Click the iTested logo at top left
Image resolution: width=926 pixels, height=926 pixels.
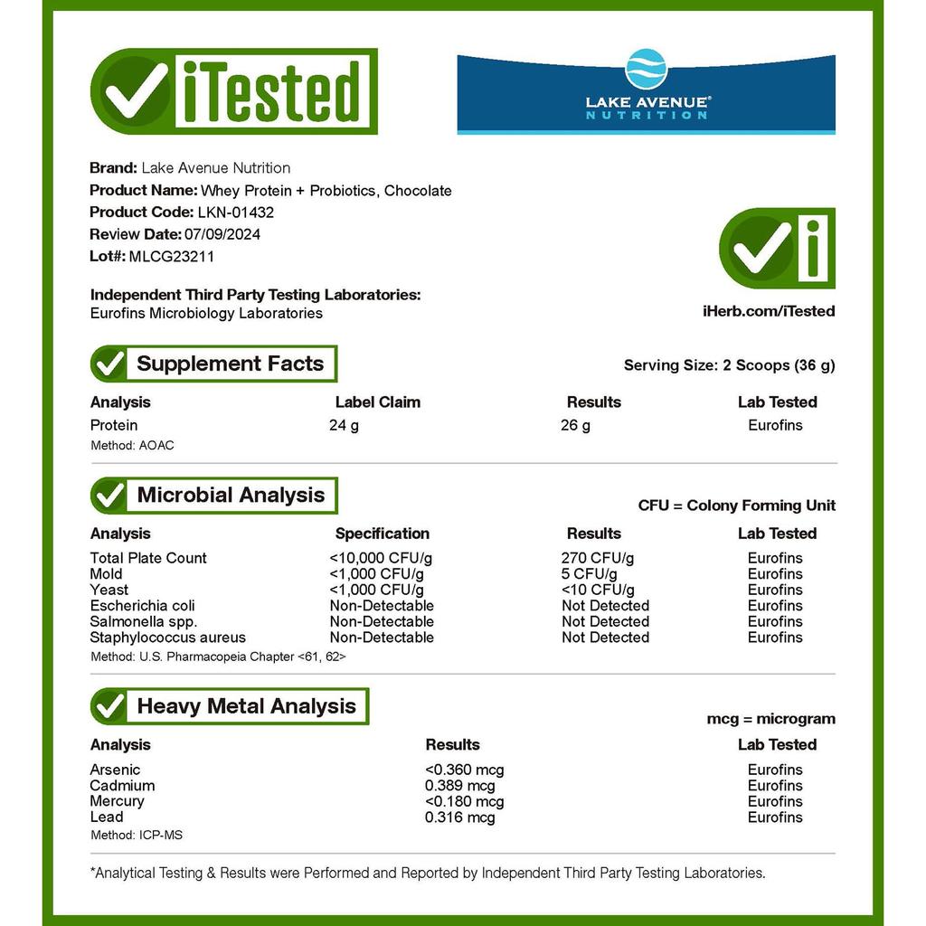click(234, 91)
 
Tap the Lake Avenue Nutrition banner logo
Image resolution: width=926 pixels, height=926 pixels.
click(646, 94)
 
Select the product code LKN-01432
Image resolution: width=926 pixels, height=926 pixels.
click(235, 213)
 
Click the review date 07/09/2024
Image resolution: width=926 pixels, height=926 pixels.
click(222, 234)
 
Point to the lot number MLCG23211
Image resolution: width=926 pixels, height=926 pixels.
click(172, 256)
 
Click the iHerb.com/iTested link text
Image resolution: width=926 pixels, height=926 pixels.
click(768, 311)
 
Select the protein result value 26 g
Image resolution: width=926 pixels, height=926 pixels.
click(575, 425)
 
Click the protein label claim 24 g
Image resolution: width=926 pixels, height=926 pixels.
click(344, 425)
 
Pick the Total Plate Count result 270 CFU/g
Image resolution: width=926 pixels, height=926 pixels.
click(597, 558)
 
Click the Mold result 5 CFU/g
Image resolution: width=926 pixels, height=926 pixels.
click(589, 574)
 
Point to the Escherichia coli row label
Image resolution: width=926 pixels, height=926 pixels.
click(142, 606)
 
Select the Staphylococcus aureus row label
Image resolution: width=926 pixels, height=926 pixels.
click(167, 638)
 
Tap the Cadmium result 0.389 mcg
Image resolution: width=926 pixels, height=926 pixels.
click(459, 786)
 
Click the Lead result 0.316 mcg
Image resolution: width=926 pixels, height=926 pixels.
click(459, 817)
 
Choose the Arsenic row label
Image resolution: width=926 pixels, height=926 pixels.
click(115, 770)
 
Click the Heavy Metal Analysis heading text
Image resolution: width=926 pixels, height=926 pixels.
click(246, 706)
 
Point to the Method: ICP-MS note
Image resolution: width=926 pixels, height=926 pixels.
click(137, 835)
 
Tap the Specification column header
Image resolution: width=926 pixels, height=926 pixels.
click(382, 534)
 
